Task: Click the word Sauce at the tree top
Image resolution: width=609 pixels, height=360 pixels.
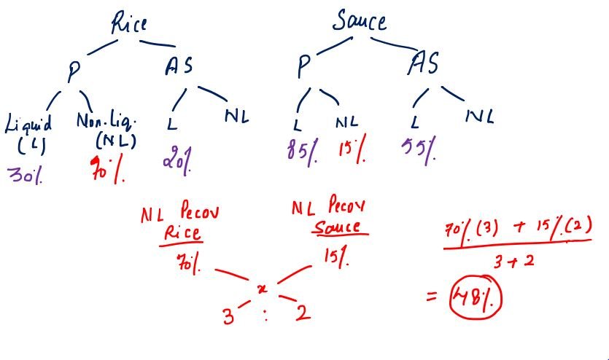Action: pos(359,21)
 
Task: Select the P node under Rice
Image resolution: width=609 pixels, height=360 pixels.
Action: pos(74,71)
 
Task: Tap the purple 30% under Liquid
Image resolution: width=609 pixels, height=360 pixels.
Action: pos(26,175)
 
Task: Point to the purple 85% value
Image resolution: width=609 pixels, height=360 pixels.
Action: pos(303,152)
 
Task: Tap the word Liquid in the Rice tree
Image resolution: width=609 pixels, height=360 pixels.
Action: pos(28,124)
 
